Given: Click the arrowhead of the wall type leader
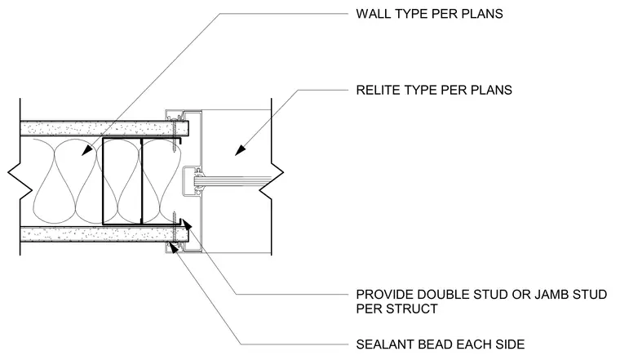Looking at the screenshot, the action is pos(87,150).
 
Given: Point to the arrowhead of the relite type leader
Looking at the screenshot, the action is pos(241,150).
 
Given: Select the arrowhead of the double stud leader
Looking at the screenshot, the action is pos(186,224).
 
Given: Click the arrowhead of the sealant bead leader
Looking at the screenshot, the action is pos(173,247).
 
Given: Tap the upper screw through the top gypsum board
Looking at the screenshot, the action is pos(174,137).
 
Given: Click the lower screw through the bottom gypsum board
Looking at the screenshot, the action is pos(174,228).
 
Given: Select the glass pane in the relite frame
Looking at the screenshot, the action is pos(233,181).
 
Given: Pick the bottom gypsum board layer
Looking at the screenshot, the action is pos(104,234).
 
